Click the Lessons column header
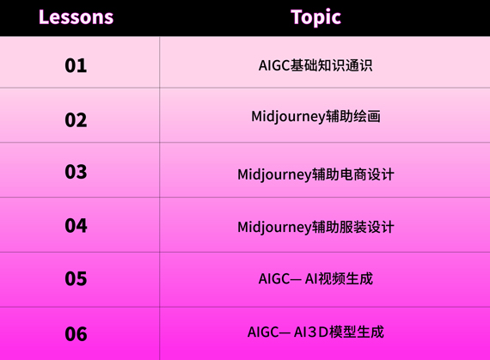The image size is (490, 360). point(76,17)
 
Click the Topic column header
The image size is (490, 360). point(315,17)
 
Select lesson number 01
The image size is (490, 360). point(76,65)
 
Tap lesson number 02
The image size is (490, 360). point(76,120)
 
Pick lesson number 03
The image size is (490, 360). point(76,172)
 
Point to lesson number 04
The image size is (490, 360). point(76,225)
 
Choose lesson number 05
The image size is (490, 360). point(76,278)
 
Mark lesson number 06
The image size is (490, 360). point(76,333)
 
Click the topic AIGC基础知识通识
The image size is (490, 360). point(315,65)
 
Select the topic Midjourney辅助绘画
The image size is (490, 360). point(315,117)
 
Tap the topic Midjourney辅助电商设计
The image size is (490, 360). point(315,175)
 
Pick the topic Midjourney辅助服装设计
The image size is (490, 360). point(315,228)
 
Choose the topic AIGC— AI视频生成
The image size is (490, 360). point(315,278)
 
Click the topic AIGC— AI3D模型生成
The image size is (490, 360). point(315,332)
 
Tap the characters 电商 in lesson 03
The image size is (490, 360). point(352,174)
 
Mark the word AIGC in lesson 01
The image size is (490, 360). point(274,65)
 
